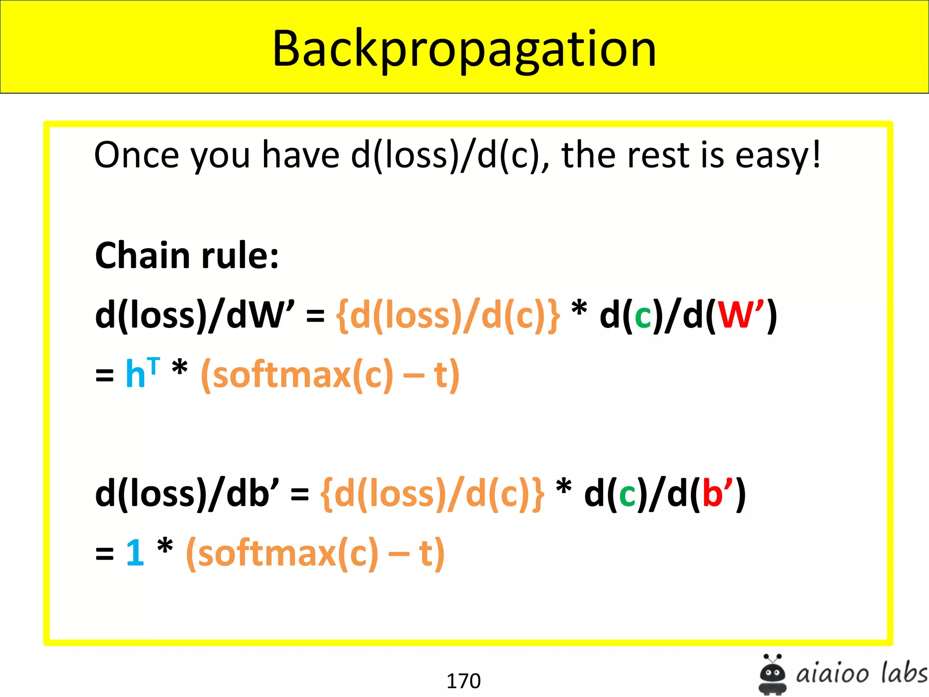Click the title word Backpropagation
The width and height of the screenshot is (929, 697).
pyautogui.click(x=464, y=49)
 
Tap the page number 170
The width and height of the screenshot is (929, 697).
pyautogui.click(x=463, y=681)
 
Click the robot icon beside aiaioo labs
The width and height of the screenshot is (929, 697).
pyautogui.click(x=773, y=674)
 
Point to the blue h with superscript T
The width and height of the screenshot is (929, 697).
pyautogui.click(x=142, y=373)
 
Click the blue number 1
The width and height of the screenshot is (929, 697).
pyautogui.click(x=135, y=552)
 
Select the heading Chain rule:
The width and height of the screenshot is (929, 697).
pyautogui.click(x=186, y=255)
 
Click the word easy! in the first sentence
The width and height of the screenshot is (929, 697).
pyautogui.click(x=777, y=155)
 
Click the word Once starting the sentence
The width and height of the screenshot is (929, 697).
pyautogui.click(x=136, y=155)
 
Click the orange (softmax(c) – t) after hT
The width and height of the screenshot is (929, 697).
pyautogui.click(x=330, y=375)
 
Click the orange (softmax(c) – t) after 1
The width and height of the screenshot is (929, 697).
pyautogui.click(x=315, y=553)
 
